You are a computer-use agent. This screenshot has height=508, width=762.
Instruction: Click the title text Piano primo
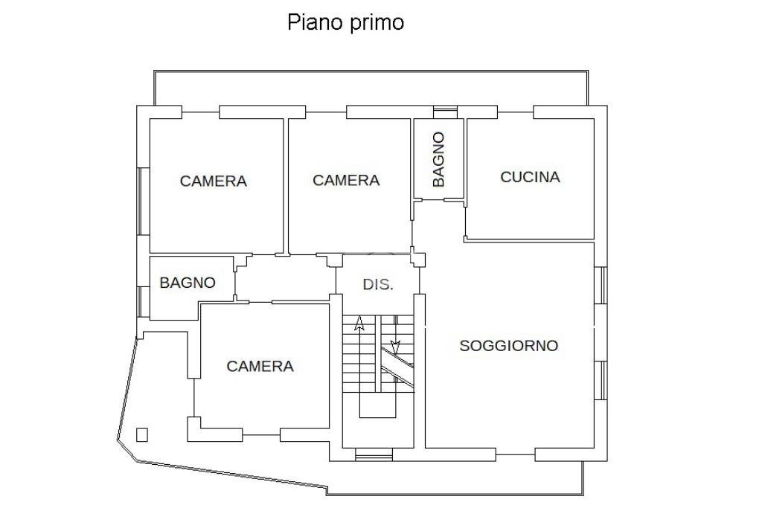[345, 22]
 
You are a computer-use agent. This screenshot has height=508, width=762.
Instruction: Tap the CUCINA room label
[530, 177]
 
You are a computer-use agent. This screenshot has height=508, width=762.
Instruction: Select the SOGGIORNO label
[508, 346]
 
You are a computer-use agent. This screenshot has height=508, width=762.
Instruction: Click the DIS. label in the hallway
[377, 284]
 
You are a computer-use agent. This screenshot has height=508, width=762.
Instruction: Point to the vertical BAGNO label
[438, 159]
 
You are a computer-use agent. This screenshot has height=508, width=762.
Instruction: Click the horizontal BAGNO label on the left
[188, 283]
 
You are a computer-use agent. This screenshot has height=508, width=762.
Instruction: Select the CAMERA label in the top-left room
[214, 181]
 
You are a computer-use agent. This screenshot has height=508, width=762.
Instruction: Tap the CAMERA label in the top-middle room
[346, 180]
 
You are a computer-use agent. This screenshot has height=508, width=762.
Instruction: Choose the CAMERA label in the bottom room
[260, 366]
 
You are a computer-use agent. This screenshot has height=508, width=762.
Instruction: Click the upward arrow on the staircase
[359, 323]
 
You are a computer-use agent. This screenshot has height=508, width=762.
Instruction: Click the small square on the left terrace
[142, 434]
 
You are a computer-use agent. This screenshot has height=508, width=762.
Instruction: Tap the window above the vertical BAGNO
[445, 112]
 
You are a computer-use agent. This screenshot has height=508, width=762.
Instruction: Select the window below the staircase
[373, 454]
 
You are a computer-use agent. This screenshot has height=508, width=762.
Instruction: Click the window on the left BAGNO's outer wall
[140, 301]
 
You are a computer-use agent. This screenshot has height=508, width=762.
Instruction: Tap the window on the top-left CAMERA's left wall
[140, 202]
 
